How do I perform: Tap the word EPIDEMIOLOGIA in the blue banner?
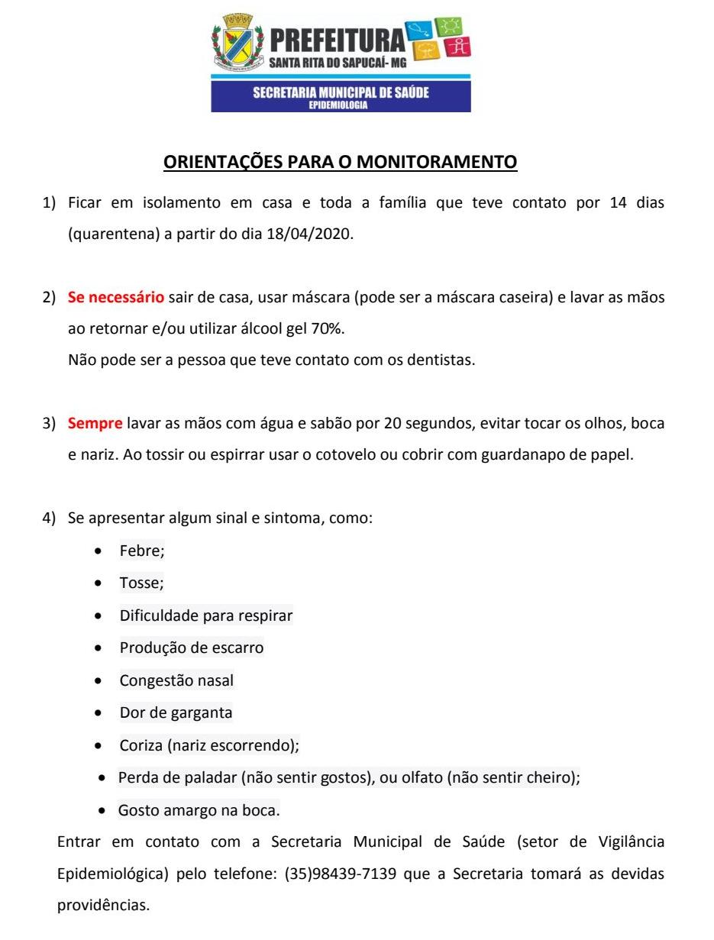tap(338, 105)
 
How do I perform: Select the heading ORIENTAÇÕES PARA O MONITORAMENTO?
tap(341, 162)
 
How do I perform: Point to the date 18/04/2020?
tap(309, 234)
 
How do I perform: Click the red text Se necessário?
tap(116, 297)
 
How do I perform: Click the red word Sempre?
tap(95, 423)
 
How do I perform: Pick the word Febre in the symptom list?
tap(142, 551)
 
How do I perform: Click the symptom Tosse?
tap(141, 583)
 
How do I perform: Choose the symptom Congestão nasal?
tap(176, 680)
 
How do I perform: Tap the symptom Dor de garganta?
tap(176, 713)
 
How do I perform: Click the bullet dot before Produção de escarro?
tap(99, 648)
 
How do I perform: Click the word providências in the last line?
tap(104, 906)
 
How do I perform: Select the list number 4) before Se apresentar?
tap(49, 518)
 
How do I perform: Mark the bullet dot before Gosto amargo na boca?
tap(102, 810)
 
